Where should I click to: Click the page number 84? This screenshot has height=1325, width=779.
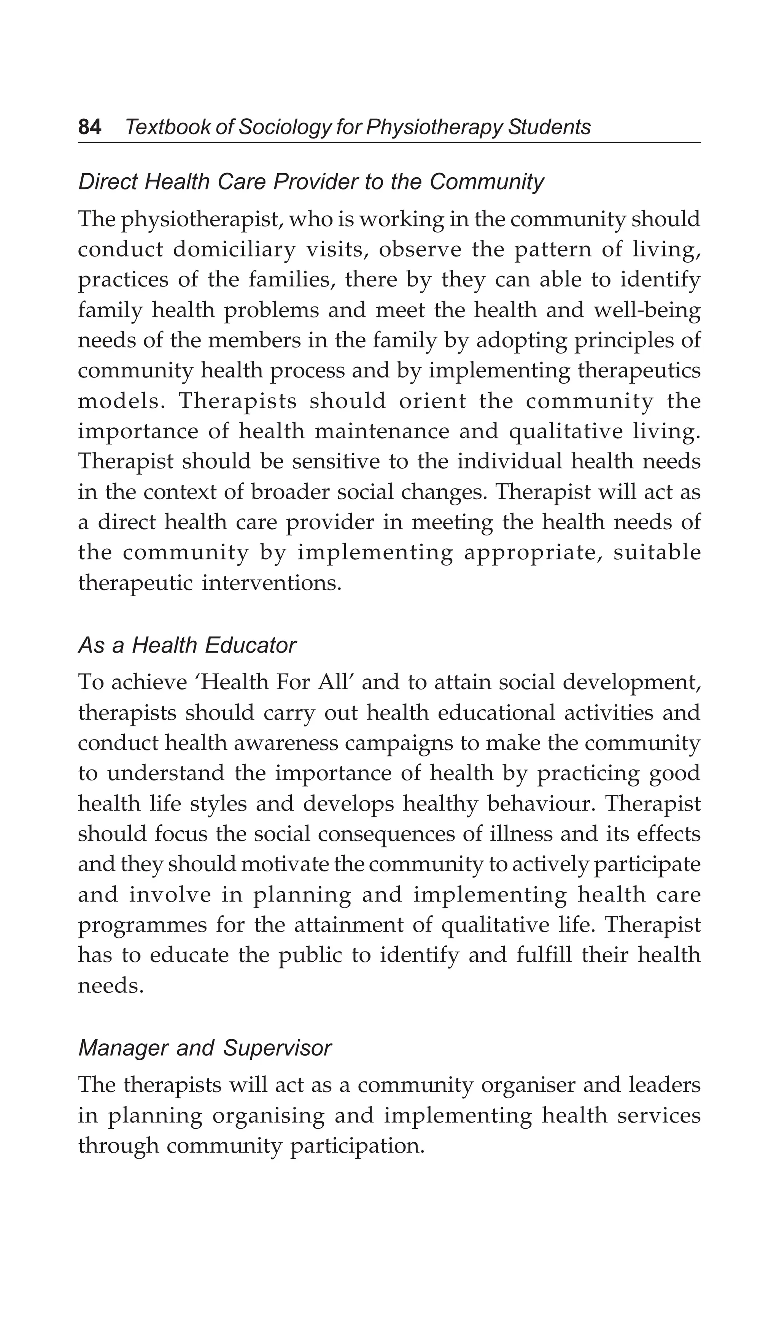pyautogui.click(x=89, y=127)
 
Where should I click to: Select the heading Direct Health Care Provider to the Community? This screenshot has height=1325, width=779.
pyautogui.click(x=311, y=182)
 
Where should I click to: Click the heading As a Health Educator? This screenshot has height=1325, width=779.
pyautogui.click(x=187, y=645)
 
